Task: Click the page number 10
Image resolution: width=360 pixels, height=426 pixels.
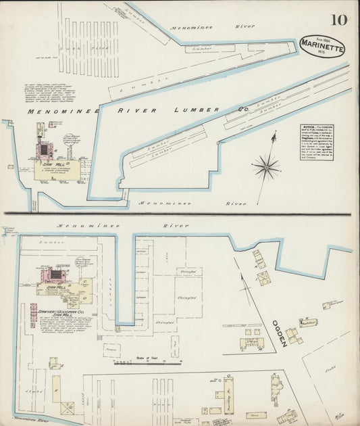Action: coord(339,19)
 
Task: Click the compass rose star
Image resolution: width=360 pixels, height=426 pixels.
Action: coord(267,165)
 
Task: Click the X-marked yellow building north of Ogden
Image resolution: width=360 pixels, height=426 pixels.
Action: coord(263,277)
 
